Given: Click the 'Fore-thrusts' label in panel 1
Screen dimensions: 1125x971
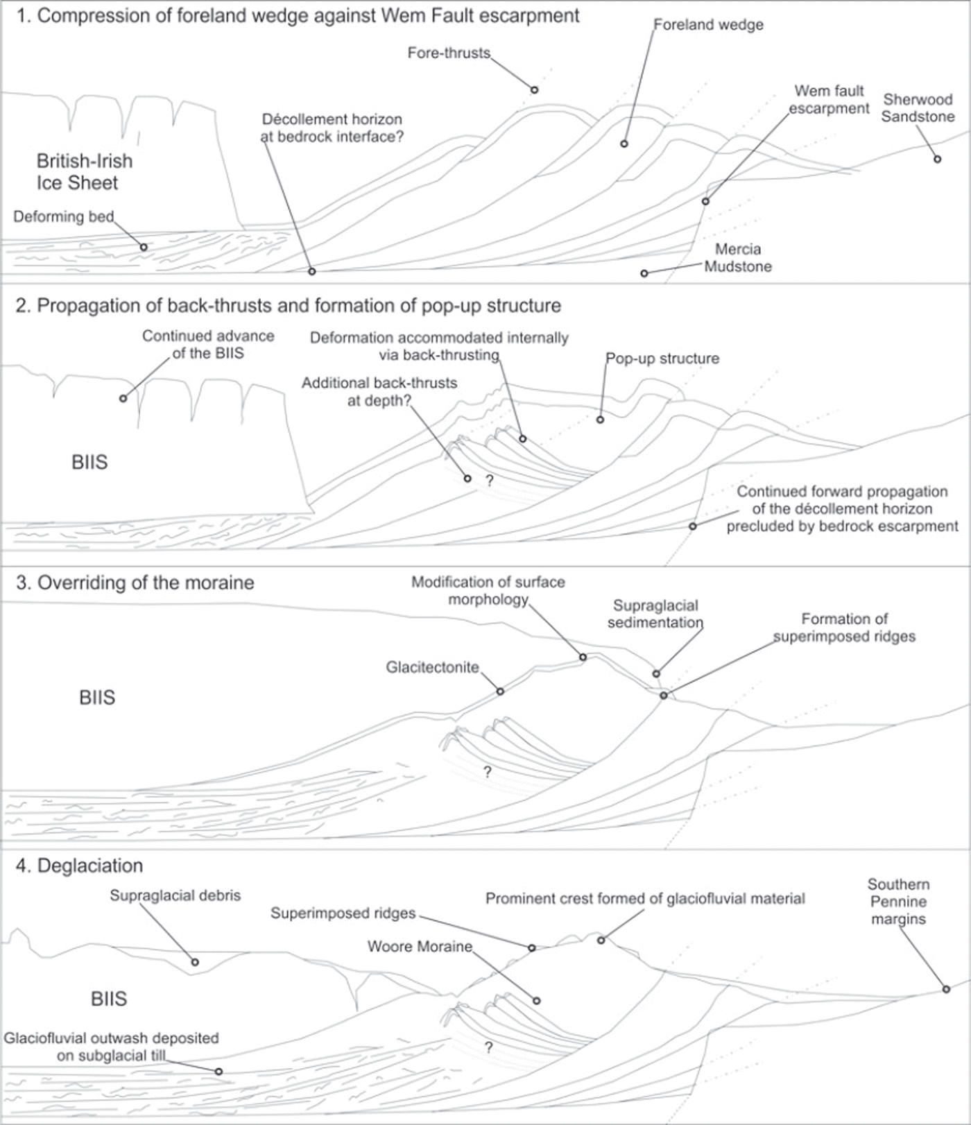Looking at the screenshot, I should pos(449,53).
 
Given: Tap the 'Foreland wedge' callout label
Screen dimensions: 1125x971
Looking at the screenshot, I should pos(709,25).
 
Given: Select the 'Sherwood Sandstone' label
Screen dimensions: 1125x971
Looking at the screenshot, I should pos(918,108).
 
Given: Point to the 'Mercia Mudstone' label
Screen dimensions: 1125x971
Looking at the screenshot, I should pos(738,258).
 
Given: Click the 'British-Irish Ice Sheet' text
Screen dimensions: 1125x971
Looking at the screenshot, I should pos(84,172).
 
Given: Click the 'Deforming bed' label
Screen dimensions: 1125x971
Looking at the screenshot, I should pos(63,216).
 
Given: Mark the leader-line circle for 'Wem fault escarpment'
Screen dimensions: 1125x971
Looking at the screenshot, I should pos(705,202).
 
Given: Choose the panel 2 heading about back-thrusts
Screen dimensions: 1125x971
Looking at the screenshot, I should pos(288,306).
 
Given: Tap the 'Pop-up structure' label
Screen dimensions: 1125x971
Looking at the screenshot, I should pos(662,359).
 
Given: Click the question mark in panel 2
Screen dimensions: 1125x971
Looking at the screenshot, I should pos(489,480).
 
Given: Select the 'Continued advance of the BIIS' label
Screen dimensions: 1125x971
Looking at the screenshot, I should pos(208,345).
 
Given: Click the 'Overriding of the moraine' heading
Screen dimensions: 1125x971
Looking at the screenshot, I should pos(135,583).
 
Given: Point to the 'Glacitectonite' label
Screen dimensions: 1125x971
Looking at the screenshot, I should pos(432,667).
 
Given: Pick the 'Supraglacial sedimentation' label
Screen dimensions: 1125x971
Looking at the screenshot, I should pos(655,614).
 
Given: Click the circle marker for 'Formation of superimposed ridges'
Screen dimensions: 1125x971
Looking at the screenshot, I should pos(664,695).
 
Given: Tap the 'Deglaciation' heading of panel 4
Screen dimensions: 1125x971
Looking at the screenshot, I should pos(79,866).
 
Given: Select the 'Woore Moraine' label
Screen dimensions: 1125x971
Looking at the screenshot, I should pos(420,947).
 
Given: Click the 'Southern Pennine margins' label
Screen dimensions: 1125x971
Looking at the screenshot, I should pos(898,902).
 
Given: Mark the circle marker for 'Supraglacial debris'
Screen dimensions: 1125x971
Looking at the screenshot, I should pos(195,962).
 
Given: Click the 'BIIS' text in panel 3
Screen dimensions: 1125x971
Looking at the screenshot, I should pos(97,698).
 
